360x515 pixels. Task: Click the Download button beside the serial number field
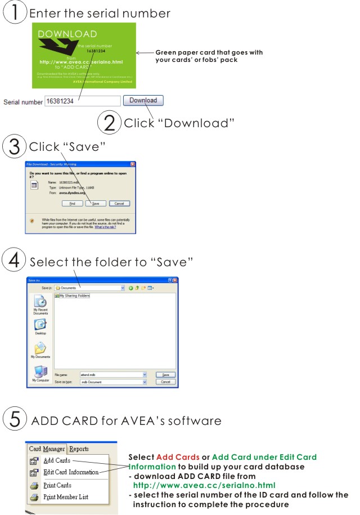click(x=143, y=101)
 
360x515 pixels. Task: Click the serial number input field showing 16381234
click(x=82, y=101)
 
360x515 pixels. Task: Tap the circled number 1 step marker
click(x=15, y=13)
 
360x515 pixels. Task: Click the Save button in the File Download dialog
click(x=96, y=203)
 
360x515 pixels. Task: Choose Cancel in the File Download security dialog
click(x=119, y=203)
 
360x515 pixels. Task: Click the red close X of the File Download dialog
click(x=133, y=164)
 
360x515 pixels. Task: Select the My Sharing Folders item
click(x=75, y=295)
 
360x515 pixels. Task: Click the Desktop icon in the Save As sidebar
click(x=40, y=326)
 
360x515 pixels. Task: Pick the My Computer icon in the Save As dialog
click(x=40, y=374)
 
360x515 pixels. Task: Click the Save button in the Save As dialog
click(x=165, y=374)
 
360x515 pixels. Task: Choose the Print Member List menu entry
click(x=65, y=497)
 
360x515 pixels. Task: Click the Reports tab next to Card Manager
click(x=79, y=449)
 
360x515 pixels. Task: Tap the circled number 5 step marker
click(x=15, y=420)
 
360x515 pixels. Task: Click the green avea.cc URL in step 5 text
click(x=204, y=485)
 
